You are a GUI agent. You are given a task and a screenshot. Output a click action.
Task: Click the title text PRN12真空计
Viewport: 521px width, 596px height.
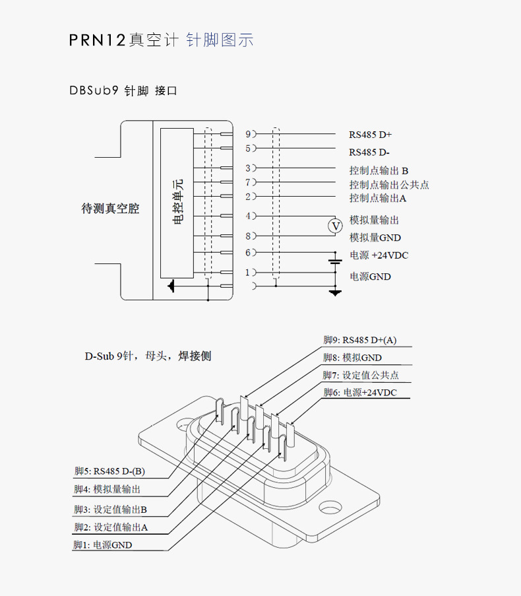pyautogui.click(x=123, y=40)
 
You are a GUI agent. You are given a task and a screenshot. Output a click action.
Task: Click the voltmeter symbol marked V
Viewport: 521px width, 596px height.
pyautogui.click(x=336, y=226)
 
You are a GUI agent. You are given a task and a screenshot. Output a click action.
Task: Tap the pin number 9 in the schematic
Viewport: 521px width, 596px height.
pyautogui.click(x=248, y=134)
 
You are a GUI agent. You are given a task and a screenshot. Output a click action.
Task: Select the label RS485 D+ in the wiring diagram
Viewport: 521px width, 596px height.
pyautogui.click(x=370, y=135)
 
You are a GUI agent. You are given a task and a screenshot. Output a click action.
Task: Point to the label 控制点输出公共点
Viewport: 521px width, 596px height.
pyautogui.click(x=388, y=184)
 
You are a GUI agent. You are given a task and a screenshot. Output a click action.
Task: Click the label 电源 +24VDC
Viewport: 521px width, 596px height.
pyautogui.click(x=379, y=255)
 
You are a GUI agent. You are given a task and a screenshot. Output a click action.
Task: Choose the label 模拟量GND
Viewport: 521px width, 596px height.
pyautogui.click(x=375, y=238)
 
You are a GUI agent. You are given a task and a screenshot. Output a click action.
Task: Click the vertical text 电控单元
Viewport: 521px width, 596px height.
pyautogui.click(x=177, y=202)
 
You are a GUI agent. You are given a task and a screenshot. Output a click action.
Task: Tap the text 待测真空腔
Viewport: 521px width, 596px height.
pyautogui.click(x=110, y=209)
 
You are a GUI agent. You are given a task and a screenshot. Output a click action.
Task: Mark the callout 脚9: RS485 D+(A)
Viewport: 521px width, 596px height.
pyautogui.click(x=359, y=340)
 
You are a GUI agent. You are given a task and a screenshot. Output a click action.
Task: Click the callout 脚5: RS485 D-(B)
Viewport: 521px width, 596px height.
pyautogui.click(x=109, y=471)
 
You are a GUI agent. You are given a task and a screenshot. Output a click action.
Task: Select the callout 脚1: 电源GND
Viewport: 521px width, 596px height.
pyautogui.click(x=103, y=545)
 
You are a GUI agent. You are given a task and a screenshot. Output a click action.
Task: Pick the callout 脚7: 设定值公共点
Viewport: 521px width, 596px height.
pyautogui.click(x=361, y=375)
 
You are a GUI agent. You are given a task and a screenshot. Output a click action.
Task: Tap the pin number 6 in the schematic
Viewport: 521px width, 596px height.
pyautogui.click(x=248, y=252)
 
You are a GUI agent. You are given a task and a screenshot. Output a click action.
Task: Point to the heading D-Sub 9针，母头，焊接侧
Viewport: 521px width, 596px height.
pyautogui.click(x=148, y=356)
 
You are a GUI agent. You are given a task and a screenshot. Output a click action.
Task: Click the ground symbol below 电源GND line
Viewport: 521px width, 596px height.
pyautogui.click(x=336, y=291)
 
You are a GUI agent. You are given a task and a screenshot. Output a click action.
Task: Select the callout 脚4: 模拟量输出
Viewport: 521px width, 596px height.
pyautogui.click(x=107, y=489)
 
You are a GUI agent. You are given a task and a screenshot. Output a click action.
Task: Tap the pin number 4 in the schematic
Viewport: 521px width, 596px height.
pyautogui.click(x=248, y=216)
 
